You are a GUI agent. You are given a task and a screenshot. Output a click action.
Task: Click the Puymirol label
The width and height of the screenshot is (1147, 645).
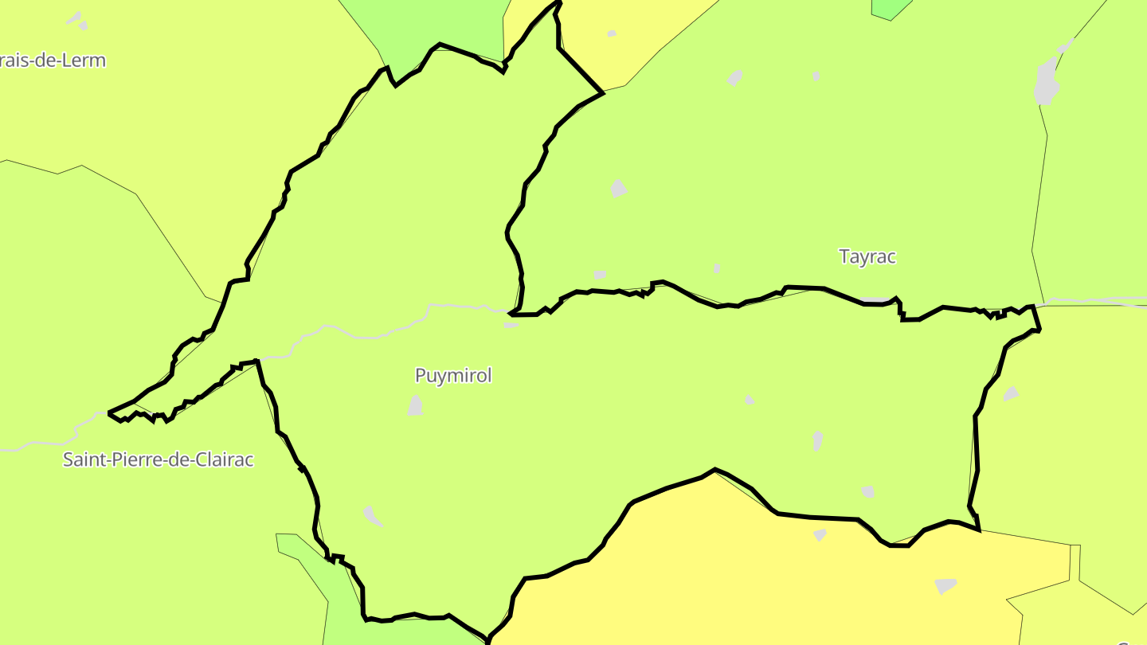click(x=453, y=375)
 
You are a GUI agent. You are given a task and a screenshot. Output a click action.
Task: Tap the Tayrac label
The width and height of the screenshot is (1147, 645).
click(x=867, y=256)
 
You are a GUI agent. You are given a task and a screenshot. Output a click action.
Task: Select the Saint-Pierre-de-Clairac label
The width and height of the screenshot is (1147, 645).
click(x=159, y=459)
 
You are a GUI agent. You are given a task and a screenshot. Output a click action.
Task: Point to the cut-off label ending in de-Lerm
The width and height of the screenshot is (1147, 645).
click(x=53, y=61)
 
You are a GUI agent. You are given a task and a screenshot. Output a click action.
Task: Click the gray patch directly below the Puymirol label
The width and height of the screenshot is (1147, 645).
click(x=416, y=405)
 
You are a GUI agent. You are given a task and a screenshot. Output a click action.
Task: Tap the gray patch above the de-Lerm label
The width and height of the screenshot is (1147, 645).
click(x=76, y=19)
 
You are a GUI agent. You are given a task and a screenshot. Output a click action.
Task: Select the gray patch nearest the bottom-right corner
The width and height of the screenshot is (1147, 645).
click(x=945, y=585)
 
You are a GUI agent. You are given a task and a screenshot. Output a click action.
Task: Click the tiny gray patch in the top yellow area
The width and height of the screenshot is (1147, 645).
click(x=612, y=33)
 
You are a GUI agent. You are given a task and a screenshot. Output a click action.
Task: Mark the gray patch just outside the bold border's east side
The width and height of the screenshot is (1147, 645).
click(x=1011, y=393)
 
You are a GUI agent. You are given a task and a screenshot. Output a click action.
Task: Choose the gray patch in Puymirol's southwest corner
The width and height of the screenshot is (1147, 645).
click(x=372, y=515)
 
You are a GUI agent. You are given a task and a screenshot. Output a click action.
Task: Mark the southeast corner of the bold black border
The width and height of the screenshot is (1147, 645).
click(x=978, y=528)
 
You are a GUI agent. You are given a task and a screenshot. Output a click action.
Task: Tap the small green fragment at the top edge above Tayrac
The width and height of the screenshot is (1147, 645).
click(x=891, y=8)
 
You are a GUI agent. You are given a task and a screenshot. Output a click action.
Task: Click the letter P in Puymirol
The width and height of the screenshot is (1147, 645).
click(x=421, y=376)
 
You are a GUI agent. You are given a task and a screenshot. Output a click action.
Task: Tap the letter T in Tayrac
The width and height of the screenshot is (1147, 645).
click(x=844, y=256)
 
